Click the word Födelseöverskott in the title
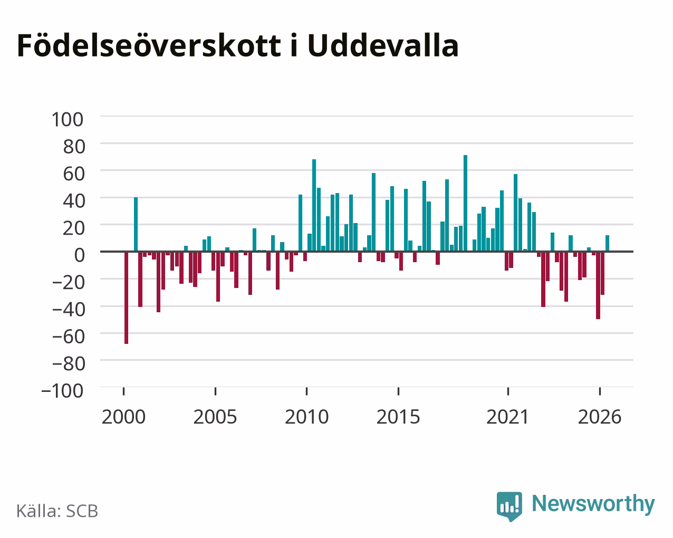point(149,46)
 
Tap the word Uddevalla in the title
point(383,46)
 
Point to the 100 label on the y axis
point(68,120)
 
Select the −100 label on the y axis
point(63,391)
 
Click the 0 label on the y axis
point(79,255)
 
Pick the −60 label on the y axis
point(68,337)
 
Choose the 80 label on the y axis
point(74,147)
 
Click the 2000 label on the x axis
point(123,417)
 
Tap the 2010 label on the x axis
point(306,417)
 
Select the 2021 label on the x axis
point(507,417)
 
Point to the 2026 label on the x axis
point(600,417)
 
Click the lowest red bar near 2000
point(127,297)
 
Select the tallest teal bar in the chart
point(465,203)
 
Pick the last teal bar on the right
point(607,243)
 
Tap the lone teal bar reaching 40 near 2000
point(136,224)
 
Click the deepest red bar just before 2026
point(598,285)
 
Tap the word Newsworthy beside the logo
point(593,504)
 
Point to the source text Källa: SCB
point(57,511)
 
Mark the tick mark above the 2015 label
point(398,391)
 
